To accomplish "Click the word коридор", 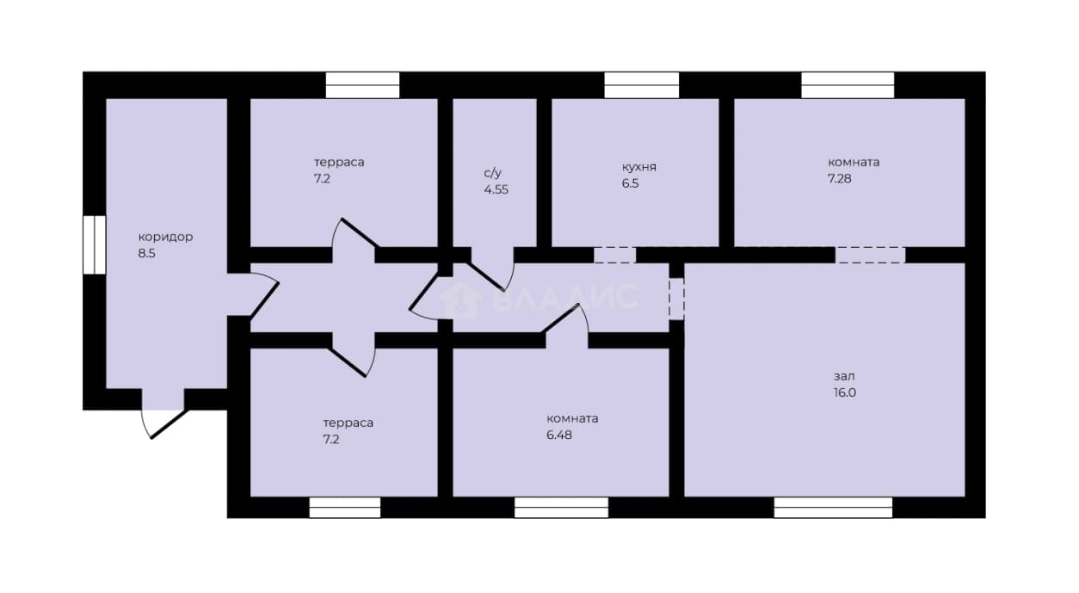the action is click(165, 238).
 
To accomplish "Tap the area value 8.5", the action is click(146, 253).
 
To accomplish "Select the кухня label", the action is click(638, 167).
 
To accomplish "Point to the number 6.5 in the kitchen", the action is click(630, 183).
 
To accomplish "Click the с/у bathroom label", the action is click(492, 173).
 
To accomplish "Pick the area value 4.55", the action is click(496, 189).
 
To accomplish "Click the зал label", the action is click(844, 376).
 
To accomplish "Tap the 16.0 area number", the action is click(845, 392).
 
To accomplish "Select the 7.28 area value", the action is click(840, 179).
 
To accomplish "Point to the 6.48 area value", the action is click(558, 435).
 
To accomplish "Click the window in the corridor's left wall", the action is click(95, 244).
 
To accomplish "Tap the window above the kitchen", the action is click(642, 85).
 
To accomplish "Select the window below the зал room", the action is click(833, 507).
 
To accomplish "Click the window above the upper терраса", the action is click(362, 85).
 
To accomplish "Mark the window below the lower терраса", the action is click(345, 507).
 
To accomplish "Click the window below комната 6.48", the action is click(561, 507).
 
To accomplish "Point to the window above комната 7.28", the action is click(848, 85).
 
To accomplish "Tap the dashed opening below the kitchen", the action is click(614, 255).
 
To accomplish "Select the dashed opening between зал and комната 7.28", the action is click(870, 255).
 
